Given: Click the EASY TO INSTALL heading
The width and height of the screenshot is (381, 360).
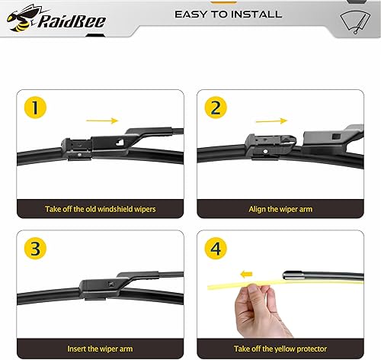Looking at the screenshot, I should (x=228, y=14).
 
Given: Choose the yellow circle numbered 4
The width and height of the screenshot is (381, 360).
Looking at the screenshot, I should (x=215, y=249).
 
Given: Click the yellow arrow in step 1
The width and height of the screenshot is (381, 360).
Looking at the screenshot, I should (x=103, y=120).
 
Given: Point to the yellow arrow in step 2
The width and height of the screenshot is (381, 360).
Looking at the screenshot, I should (x=272, y=119).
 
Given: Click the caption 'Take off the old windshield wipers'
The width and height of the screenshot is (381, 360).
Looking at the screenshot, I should (x=99, y=208).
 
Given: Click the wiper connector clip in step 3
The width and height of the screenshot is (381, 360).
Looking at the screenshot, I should (x=95, y=288).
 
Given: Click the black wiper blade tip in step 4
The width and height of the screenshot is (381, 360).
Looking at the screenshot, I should (x=293, y=275).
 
